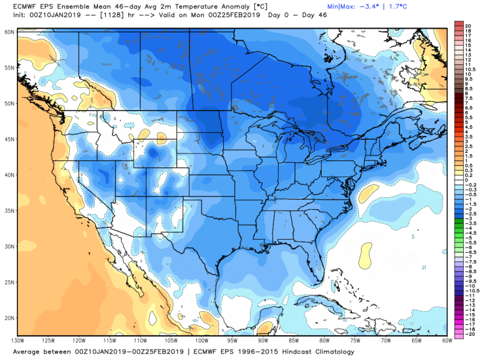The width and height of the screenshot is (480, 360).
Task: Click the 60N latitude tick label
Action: click(x=9, y=31)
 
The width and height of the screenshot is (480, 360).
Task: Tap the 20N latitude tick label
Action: click(x=9, y=318)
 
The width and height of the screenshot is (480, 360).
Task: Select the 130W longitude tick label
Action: click(x=17, y=340)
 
